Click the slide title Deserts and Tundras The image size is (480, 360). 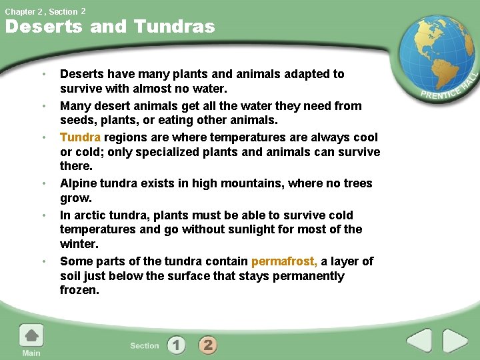pyautogui.click(x=110, y=27)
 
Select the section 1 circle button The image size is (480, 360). pyautogui.click(x=177, y=345)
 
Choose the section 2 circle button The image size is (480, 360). pyautogui.click(x=208, y=345)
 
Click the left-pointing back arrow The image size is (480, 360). pyautogui.click(x=419, y=341)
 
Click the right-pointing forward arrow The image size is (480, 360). pyautogui.click(x=455, y=341)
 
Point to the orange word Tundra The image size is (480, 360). pyautogui.click(x=80, y=137)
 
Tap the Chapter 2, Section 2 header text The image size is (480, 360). pyautogui.click(x=45, y=11)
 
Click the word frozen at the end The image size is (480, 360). pyautogui.click(x=79, y=291)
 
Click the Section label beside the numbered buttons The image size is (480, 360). pyautogui.click(x=145, y=345)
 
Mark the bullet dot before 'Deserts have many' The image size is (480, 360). pyautogui.click(x=43, y=74)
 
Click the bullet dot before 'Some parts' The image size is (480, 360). pyautogui.click(x=43, y=261)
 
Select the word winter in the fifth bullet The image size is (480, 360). pyautogui.click(x=78, y=244)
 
